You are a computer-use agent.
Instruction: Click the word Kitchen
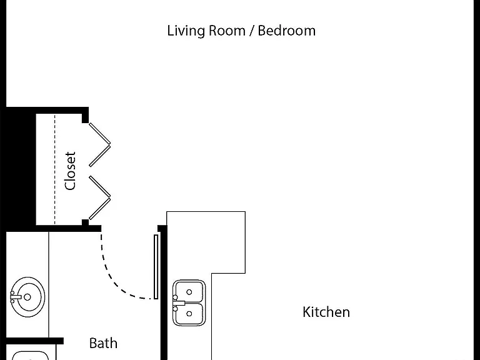click(x=326, y=312)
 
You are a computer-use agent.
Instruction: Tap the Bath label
click(x=103, y=343)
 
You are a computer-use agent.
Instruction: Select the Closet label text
click(x=70, y=171)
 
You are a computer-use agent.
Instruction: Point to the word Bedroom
click(x=286, y=31)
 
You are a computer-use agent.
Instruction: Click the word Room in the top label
click(x=227, y=31)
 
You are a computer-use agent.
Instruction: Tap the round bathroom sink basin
click(x=27, y=297)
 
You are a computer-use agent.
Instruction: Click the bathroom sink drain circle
click(x=27, y=297)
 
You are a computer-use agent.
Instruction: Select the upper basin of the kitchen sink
click(x=189, y=292)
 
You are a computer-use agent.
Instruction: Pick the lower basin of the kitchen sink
click(x=189, y=314)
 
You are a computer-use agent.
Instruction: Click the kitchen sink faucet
click(x=179, y=303)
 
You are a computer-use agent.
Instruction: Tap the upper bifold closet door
click(x=100, y=145)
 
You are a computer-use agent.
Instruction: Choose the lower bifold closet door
click(x=100, y=197)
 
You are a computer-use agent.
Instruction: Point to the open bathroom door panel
click(x=156, y=267)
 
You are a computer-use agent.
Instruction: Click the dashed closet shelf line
click(x=55, y=169)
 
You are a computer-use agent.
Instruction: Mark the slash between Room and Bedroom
click(x=252, y=31)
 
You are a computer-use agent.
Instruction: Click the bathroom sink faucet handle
click(x=15, y=297)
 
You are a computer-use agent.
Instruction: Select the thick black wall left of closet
click(x=21, y=169)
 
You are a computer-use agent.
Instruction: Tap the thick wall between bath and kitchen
click(x=164, y=292)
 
